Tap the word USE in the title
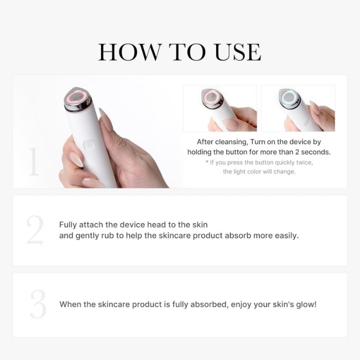coord(238,52)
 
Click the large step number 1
coord(33,162)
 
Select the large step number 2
coord(35,230)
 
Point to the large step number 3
coord(38,304)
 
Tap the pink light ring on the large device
coord(76,98)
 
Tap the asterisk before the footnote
coord(207,162)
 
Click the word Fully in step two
coord(68,225)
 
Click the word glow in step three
coord(307,305)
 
